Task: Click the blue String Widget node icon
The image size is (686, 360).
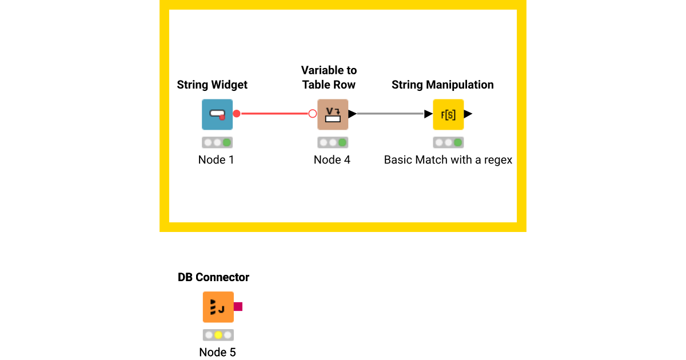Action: point(217,114)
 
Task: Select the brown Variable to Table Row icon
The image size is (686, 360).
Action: point(333,114)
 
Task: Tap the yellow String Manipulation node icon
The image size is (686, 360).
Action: point(448,114)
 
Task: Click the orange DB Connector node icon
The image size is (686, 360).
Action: point(218,307)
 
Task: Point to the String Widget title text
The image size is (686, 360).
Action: point(212,85)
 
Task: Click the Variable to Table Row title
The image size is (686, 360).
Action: point(329,77)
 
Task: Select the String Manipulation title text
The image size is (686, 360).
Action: point(442,85)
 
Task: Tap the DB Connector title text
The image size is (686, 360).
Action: point(214,277)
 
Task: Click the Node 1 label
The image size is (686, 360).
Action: point(216,160)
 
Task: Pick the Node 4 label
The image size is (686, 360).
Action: point(332,160)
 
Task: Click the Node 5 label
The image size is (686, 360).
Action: point(217,352)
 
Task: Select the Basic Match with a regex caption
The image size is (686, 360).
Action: point(448,160)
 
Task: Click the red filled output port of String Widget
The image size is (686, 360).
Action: point(237,114)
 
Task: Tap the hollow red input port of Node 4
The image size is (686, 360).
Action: point(313,114)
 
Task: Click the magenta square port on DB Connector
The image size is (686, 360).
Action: point(238,307)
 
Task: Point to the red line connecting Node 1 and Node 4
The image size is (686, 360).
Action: point(274,114)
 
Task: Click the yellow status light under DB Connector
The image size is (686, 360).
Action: point(218,335)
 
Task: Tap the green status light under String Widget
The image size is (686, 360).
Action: point(227,142)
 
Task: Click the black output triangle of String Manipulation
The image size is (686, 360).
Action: point(468,114)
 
